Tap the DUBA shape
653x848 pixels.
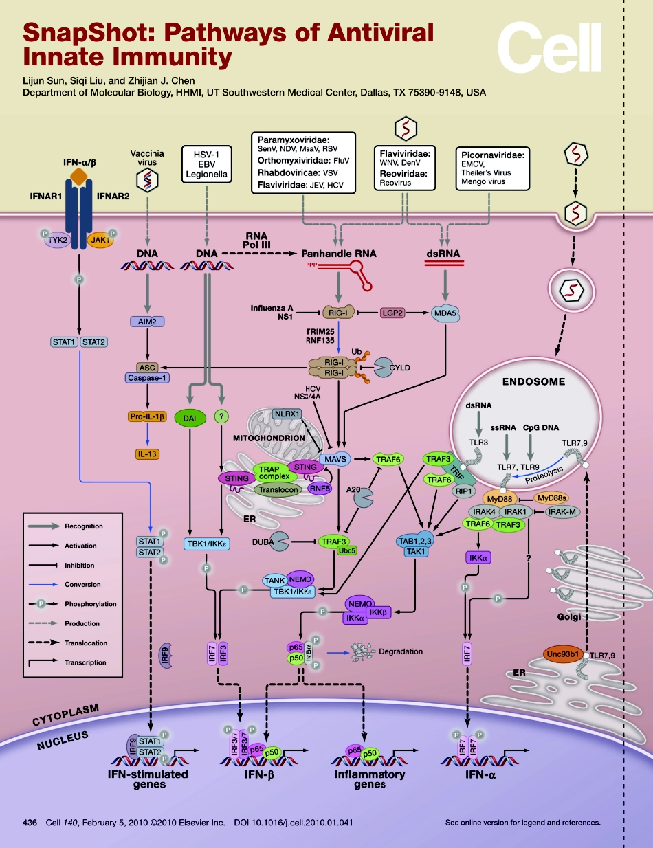click(281, 542)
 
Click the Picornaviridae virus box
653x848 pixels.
click(494, 168)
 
